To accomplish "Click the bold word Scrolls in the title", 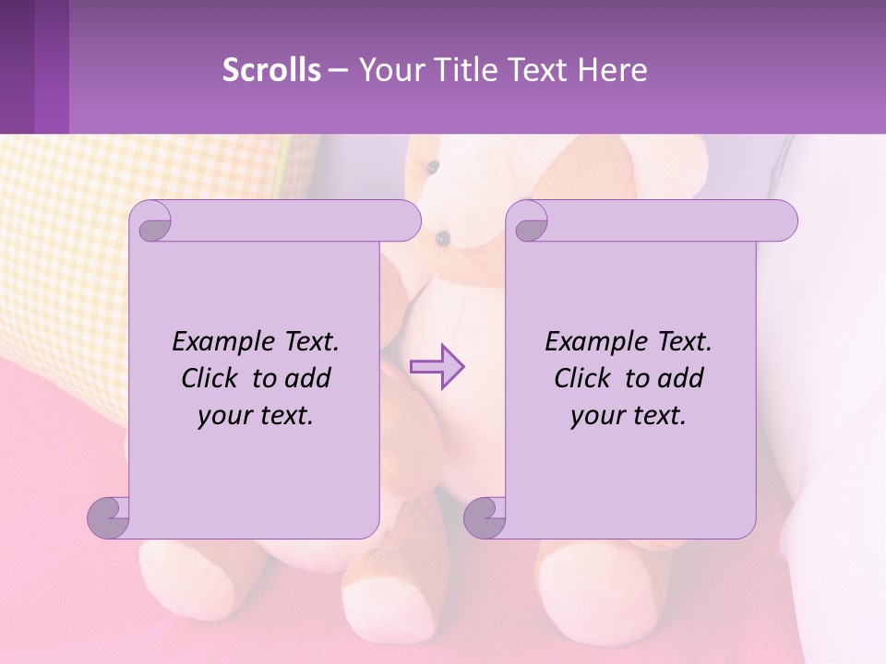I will [271, 69].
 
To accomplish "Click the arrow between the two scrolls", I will [437, 366].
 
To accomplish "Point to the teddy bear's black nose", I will [443, 238].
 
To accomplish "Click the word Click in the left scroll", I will [212, 378].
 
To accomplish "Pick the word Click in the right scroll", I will [585, 378].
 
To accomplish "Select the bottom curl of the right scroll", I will [485, 516].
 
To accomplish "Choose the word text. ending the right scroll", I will [657, 416].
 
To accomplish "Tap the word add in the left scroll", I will [307, 378].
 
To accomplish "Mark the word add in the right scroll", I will [680, 378].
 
